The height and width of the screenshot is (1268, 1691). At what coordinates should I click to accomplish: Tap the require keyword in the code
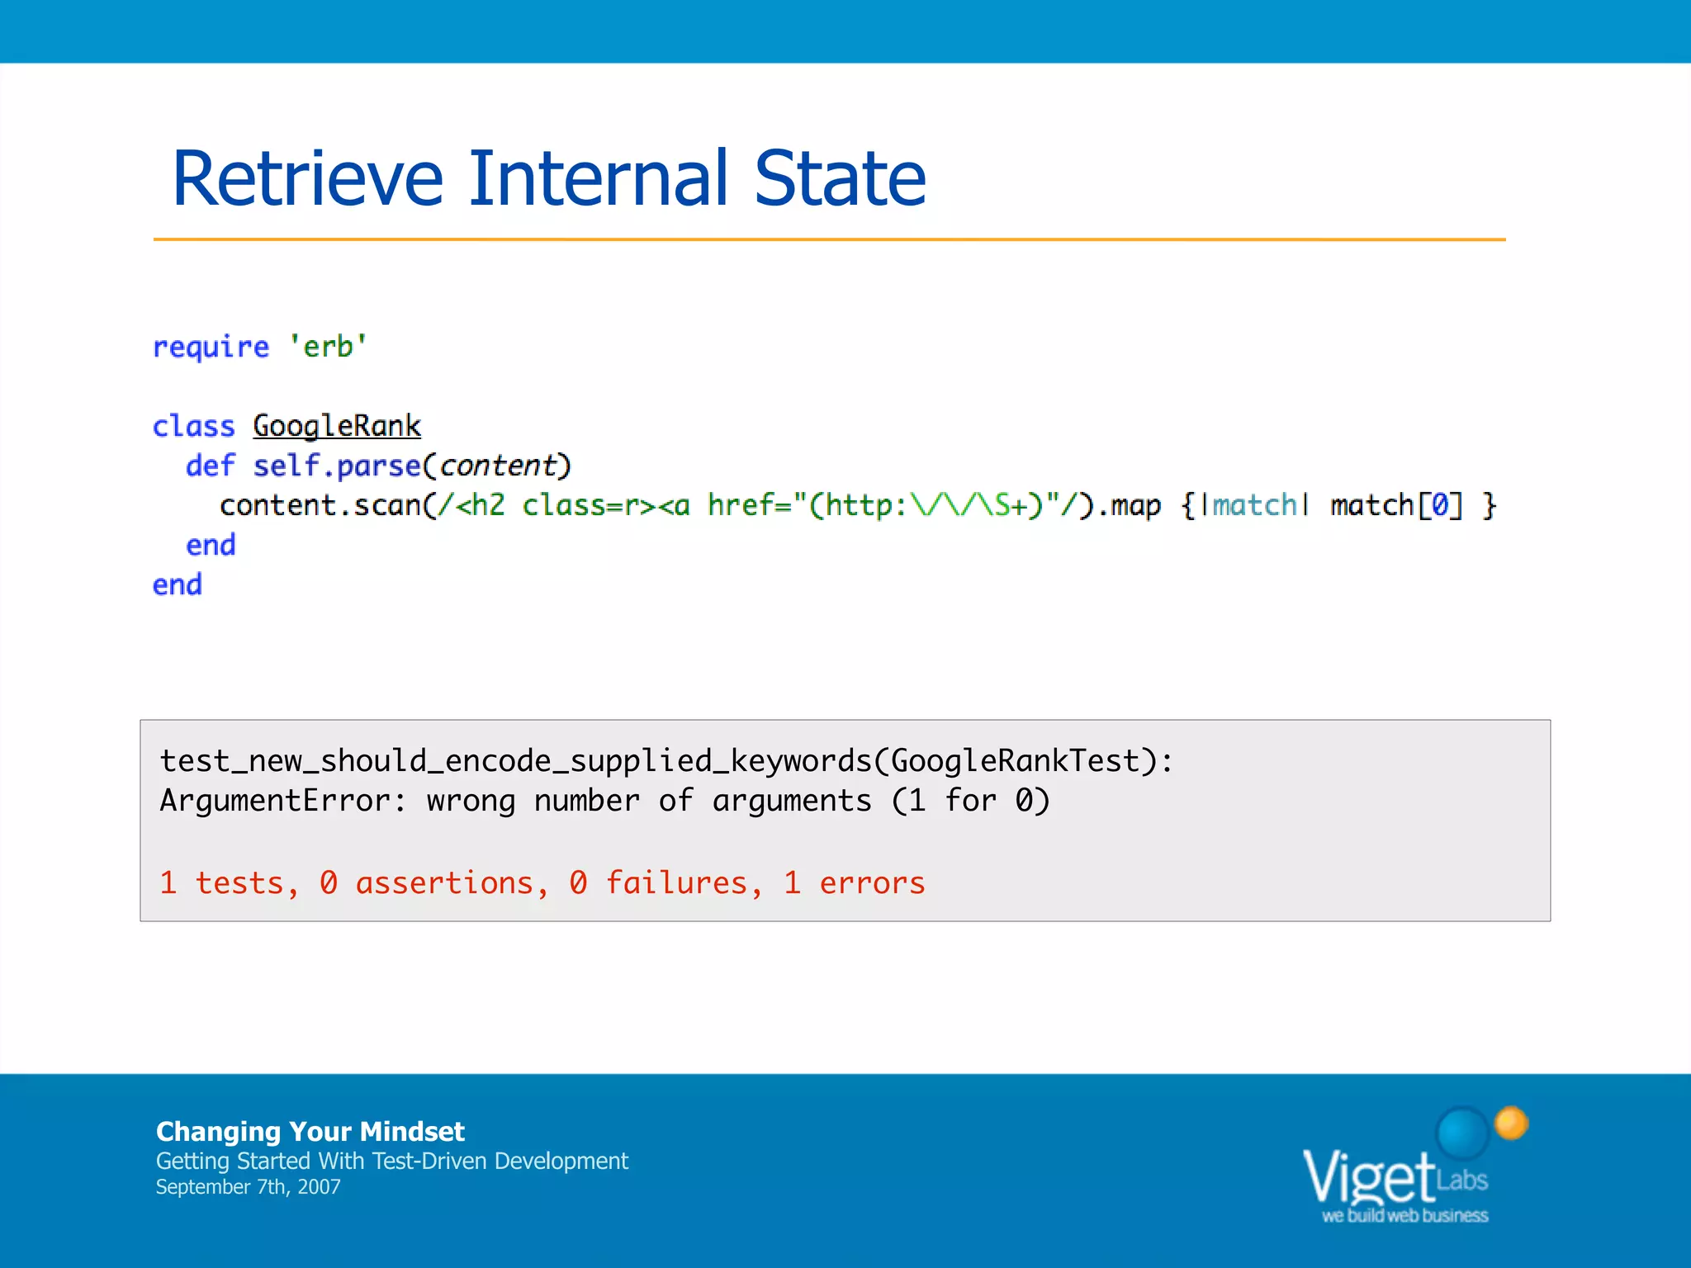click(211, 348)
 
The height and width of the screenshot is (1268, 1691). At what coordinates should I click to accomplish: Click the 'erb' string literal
click(328, 347)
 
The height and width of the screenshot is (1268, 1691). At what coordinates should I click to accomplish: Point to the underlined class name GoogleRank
click(337, 426)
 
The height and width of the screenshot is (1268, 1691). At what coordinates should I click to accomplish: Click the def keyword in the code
click(210, 466)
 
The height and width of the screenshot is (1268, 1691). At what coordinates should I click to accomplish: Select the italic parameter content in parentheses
click(497, 466)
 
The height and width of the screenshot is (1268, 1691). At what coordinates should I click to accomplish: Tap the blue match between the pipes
click(1254, 505)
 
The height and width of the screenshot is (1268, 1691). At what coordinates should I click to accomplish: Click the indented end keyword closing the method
click(211, 545)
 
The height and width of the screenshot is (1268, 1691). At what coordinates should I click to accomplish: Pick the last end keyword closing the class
click(178, 584)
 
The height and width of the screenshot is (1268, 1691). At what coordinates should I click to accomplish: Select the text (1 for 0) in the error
click(970, 801)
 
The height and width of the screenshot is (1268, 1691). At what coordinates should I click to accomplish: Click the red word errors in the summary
click(872, 883)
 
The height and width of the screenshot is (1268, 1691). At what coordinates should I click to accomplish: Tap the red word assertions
click(445, 883)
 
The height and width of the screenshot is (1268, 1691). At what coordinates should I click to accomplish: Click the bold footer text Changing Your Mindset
click(310, 1131)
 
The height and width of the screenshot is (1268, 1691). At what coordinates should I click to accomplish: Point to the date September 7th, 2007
click(248, 1187)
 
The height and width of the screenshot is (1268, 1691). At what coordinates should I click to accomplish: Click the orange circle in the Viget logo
click(1511, 1124)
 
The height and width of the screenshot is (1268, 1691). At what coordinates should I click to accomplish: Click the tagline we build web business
click(1404, 1216)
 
